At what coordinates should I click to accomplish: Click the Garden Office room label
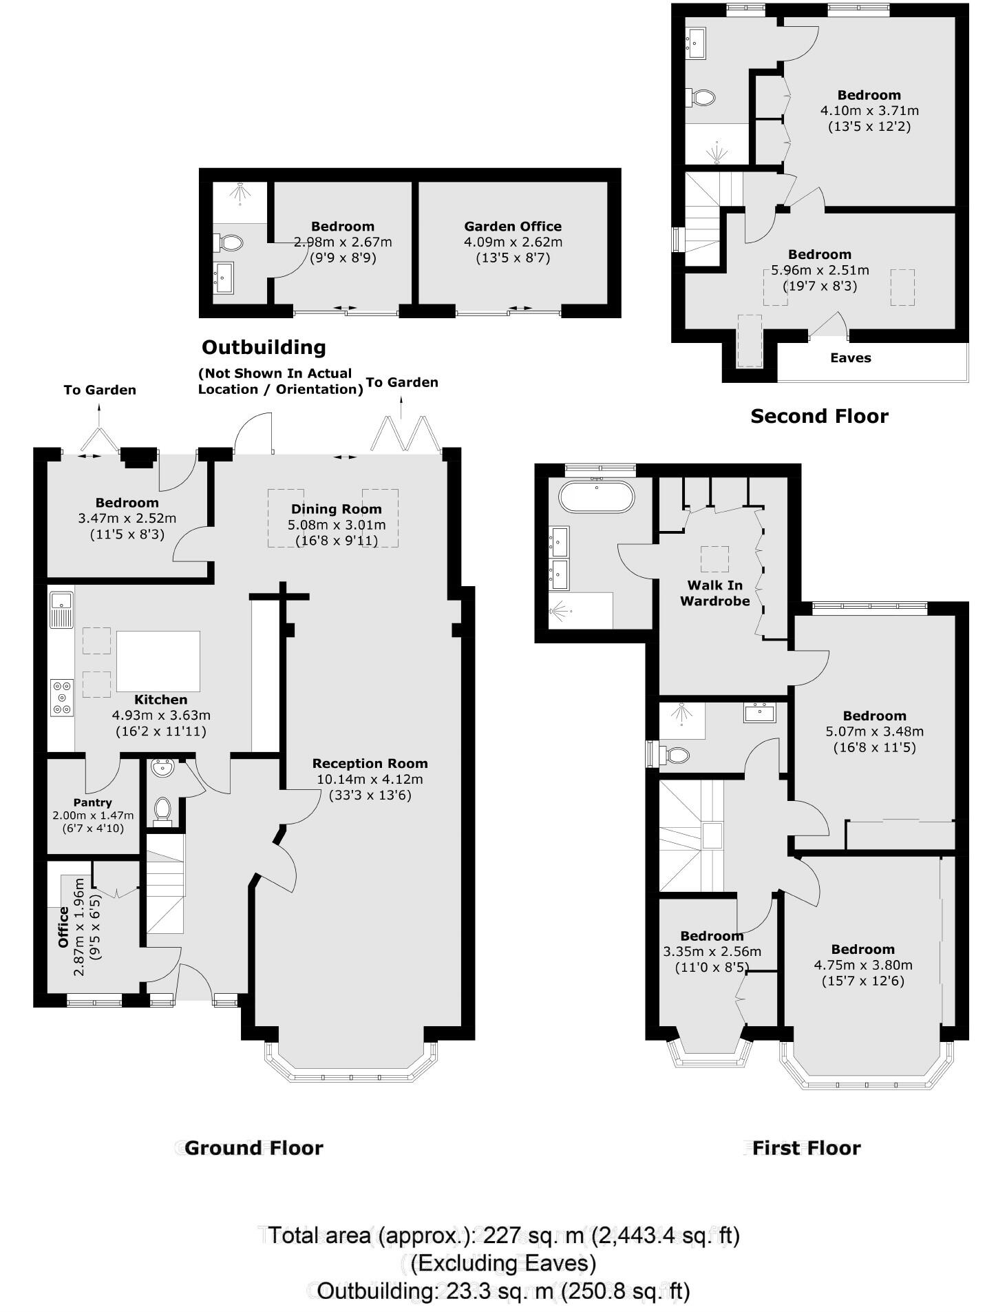pyautogui.click(x=512, y=227)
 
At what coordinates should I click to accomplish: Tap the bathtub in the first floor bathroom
pyautogui.click(x=596, y=496)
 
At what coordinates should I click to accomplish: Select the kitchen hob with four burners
pyautogui.click(x=62, y=697)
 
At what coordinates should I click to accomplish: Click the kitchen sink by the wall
pyautogui.click(x=61, y=610)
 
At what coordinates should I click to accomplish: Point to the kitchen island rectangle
pyautogui.click(x=158, y=660)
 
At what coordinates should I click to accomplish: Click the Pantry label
pyautogui.click(x=92, y=802)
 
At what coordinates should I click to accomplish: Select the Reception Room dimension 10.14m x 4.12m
pyautogui.click(x=370, y=780)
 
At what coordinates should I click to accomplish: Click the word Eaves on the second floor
pyautogui.click(x=850, y=358)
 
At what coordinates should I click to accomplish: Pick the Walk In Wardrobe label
pyautogui.click(x=714, y=593)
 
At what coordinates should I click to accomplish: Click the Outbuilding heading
pyautogui.click(x=264, y=347)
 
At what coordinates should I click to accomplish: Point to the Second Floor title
pyautogui.click(x=819, y=416)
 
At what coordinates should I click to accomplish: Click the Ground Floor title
pyautogui.click(x=253, y=1148)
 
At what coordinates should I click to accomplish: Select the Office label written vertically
pyautogui.click(x=63, y=927)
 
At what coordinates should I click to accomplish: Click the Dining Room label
pyautogui.click(x=336, y=509)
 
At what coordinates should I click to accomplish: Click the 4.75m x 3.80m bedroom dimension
pyautogui.click(x=862, y=965)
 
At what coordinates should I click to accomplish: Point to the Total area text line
pyautogui.click(x=503, y=1235)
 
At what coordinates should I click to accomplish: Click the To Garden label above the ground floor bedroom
pyautogui.click(x=100, y=391)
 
